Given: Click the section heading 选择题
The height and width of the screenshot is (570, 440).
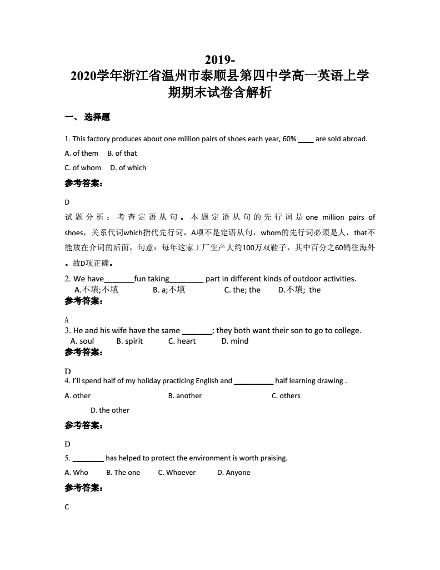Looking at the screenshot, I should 97,117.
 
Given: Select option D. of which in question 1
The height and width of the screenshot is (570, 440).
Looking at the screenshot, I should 128,167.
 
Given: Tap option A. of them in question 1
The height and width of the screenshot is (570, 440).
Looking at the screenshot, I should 82,153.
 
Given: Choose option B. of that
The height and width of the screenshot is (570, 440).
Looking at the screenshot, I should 122,153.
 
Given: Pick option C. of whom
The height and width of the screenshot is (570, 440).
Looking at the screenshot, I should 83,167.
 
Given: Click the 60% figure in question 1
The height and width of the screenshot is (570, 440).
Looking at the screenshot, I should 289,138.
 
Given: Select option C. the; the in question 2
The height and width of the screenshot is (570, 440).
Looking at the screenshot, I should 242,290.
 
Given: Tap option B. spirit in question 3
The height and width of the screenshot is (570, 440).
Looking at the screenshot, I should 129,341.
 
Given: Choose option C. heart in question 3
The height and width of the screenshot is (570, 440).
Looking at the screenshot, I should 182,341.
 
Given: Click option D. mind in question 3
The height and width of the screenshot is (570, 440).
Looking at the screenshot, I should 235,341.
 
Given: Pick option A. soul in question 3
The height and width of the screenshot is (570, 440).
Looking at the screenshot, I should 82,341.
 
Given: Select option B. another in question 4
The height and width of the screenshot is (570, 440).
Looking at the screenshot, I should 185,395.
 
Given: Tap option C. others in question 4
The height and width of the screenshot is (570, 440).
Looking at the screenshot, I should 286,395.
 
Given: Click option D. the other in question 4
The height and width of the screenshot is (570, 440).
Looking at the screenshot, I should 110,410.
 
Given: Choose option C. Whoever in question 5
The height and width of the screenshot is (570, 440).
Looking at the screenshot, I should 177,472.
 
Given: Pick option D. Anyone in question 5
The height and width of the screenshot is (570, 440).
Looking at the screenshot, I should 234,472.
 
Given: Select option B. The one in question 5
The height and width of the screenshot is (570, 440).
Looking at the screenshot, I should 123,472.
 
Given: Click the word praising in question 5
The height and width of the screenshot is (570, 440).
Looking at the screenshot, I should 272,458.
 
